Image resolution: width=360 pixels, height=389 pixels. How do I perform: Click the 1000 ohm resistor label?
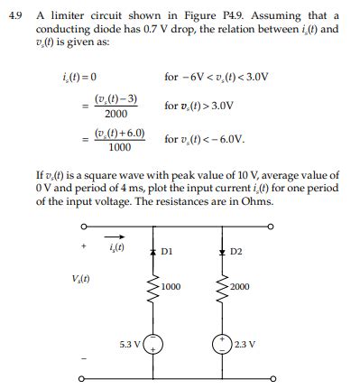[171, 287]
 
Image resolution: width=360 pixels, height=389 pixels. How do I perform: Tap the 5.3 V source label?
[132, 343]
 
